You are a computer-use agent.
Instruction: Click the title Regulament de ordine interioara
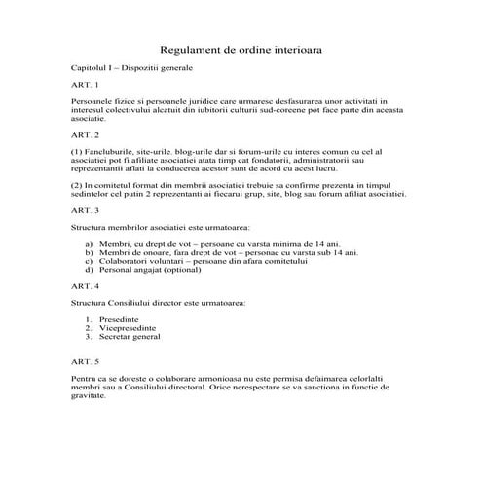241,47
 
